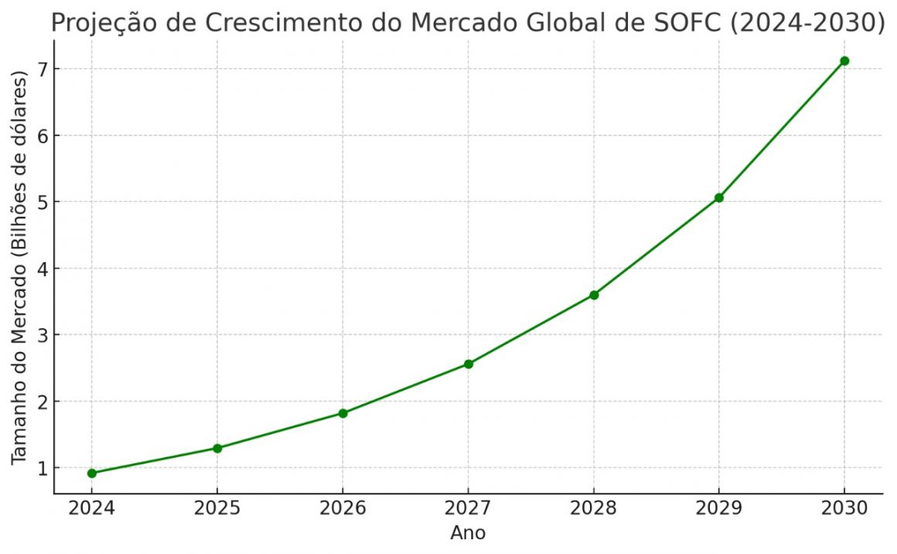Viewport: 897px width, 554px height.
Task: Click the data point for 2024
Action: click(92, 473)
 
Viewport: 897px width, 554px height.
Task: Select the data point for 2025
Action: click(217, 448)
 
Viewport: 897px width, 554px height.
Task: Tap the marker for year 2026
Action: click(343, 413)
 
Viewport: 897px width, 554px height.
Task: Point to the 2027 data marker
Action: click(469, 364)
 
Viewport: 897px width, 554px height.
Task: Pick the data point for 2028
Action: click(594, 295)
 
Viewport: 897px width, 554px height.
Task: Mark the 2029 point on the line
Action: click(719, 197)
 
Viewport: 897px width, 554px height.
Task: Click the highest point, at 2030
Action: click(844, 60)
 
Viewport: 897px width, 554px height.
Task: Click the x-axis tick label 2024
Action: click(92, 508)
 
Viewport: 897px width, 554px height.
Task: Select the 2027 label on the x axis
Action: click(469, 508)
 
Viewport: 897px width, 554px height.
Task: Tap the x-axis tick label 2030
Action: click(844, 508)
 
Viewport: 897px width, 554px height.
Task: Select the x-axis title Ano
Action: click(468, 533)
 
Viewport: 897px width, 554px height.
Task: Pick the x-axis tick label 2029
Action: click(719, 508)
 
